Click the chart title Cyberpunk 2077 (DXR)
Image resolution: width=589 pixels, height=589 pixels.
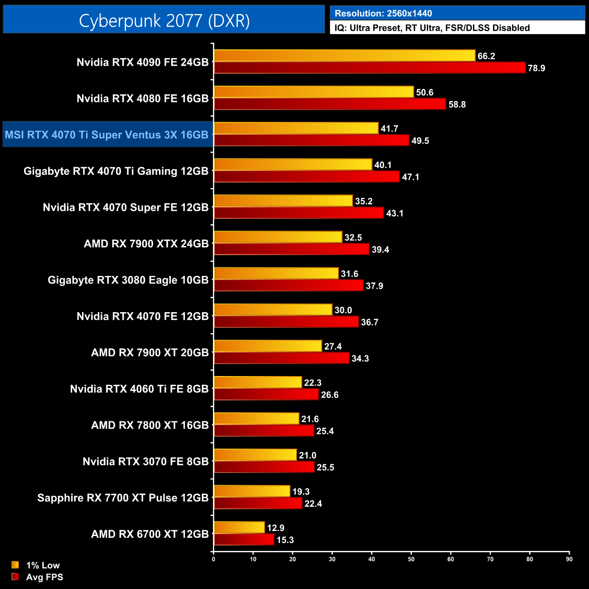(x=164, y=21)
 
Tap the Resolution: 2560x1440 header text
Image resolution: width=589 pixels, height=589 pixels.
(x=383, y=14)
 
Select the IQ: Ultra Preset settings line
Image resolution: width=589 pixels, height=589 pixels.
(x=432, y=28)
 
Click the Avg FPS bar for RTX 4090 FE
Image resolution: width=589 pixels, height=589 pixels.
(x=369, y=68)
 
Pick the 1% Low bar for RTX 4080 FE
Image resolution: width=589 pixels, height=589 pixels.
(x=314, y=92)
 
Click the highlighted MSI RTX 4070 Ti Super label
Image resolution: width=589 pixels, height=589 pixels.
(x=107, y=135)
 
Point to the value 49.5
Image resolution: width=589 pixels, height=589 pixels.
(x=420, y=141)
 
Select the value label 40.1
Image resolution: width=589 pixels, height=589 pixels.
(x=383, y=165)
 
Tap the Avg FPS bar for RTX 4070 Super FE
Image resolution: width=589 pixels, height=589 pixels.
(x=299, y=213)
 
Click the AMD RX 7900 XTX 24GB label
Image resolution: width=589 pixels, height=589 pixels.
(x=146, y=244)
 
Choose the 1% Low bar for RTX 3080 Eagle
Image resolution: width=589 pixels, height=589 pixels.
(x=276, y=273)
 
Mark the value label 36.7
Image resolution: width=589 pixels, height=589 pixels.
(x=369, y=322)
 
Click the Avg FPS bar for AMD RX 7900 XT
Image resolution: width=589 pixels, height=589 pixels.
(x=281, y=358)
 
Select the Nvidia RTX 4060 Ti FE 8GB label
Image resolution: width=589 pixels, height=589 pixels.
(x=139, y=389)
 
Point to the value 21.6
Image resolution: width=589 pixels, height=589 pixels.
(x=310, y=419)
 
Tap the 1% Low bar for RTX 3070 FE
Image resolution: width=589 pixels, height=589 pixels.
(x=255, y=455)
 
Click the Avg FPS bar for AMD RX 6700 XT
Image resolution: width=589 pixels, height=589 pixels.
(x=244, y=540)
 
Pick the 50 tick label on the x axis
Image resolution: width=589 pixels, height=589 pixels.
(x=411, y=559)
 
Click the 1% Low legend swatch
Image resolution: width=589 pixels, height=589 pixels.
(x=15, y=565)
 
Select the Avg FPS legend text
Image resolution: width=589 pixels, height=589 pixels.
(x=44, y=577)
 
